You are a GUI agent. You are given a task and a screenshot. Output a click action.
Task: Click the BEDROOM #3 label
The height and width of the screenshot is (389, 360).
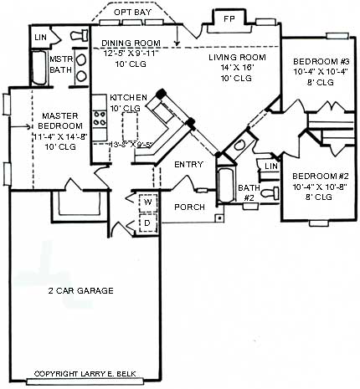(x=316, y=61)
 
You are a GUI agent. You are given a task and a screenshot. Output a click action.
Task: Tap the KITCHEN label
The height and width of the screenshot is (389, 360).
(x=127, y=98)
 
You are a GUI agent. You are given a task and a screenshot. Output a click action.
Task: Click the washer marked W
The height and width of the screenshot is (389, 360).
(x=146, y=202)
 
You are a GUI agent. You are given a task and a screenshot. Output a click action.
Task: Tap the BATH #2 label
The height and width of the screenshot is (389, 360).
(x=248, y=193)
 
